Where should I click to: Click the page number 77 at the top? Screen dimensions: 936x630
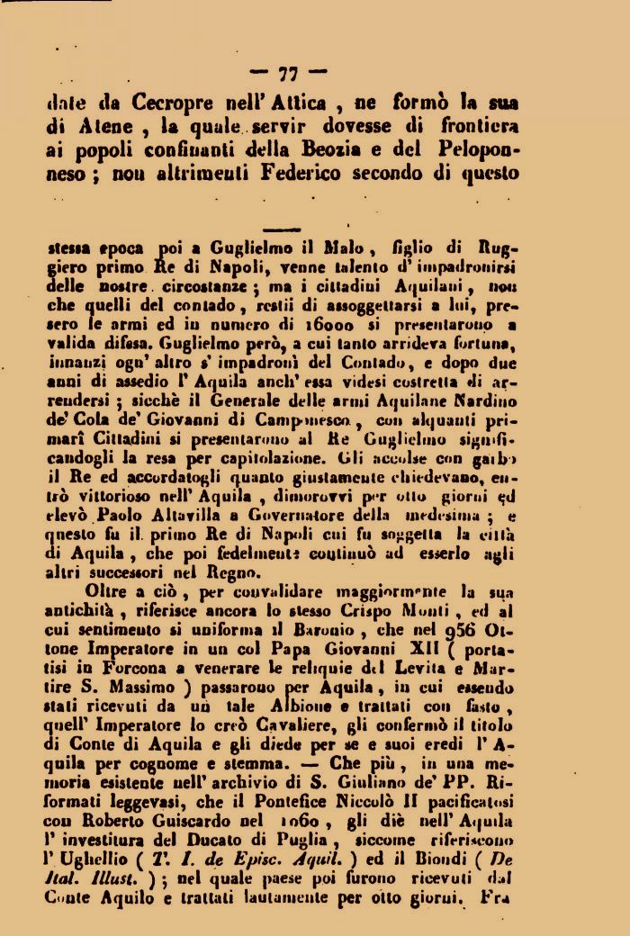point(289,72)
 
